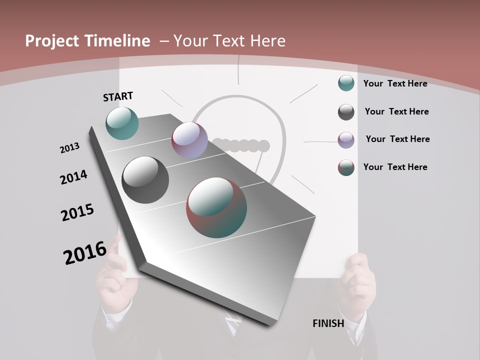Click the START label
118,96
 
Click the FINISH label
328,323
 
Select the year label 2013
69,148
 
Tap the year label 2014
73,177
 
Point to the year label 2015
77,212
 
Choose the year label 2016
85,252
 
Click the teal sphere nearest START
122,123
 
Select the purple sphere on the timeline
189,140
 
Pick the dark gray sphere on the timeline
145,180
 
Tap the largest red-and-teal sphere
216,207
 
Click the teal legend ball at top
346,83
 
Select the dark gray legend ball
346,112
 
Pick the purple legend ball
346,140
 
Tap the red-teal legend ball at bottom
346,167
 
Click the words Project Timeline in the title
87,41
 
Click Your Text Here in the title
229,41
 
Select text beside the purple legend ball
397,139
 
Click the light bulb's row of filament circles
241,145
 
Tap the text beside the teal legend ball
395,83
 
